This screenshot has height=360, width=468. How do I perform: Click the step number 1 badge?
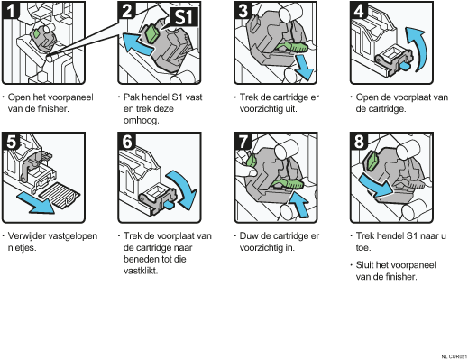(x=11, y=10)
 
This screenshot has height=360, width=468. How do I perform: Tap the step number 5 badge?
(x=11, y=141)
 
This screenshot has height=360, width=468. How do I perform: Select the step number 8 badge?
(x=359, y=141)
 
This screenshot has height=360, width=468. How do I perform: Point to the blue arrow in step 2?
(x=138, y=44)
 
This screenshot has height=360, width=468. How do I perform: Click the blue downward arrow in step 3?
(x=304, y=68)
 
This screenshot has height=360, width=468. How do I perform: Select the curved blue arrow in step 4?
(x=418, y=48)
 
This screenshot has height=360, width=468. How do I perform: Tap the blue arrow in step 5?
(x=36, y=204)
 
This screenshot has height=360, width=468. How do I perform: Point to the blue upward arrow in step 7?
(x=300, y=204)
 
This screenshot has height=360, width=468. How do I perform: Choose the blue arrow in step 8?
(x=376, y=186)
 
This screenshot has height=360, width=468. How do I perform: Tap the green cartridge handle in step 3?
(x=292, y=47)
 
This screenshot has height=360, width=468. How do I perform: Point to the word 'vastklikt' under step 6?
(x=141, y=271)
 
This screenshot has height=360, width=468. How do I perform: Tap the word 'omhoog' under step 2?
(x=141, y=120)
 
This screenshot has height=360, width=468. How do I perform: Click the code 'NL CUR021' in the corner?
(x=454, y=356)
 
